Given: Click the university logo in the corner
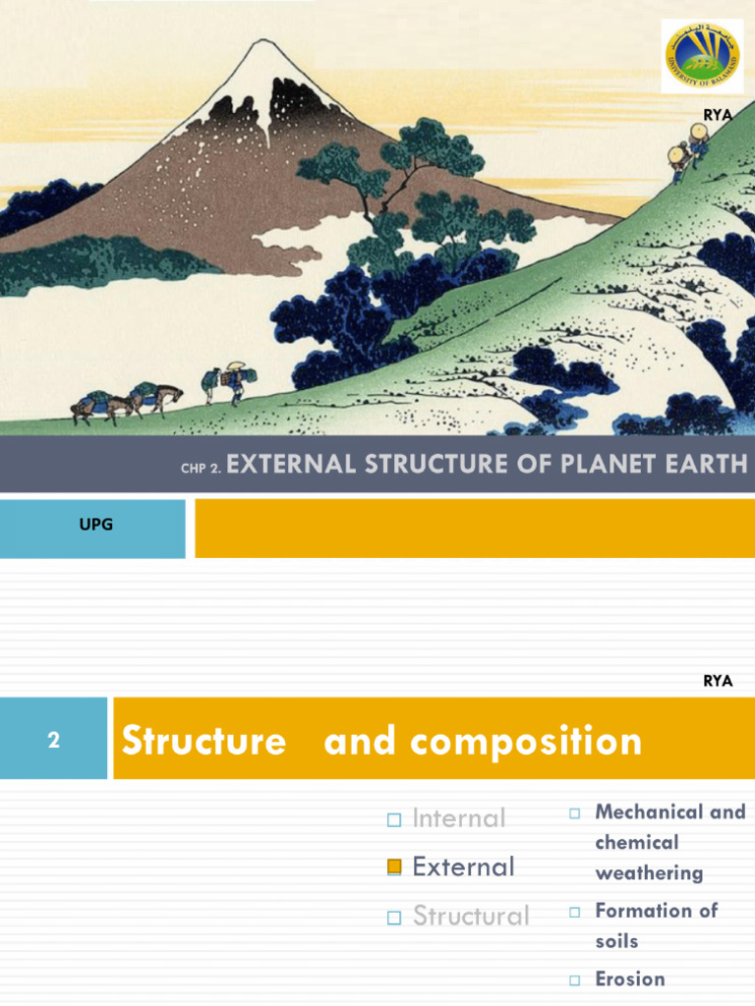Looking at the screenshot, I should coord(702,57).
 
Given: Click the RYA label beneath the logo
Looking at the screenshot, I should coord(718,115).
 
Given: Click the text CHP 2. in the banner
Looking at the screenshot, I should coord(201,469).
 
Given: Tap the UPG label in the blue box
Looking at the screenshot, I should coord(96,525).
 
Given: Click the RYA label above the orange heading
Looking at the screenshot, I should coord(718,681).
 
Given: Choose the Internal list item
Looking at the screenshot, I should coord(459,818).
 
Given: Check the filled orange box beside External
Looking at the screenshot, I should coord(395,866).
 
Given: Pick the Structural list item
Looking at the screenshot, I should coord(471,916).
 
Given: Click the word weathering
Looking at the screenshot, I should coord(649,872).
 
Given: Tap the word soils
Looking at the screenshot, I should coord(616,941).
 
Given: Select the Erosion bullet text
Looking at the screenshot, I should coord(630,978).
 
